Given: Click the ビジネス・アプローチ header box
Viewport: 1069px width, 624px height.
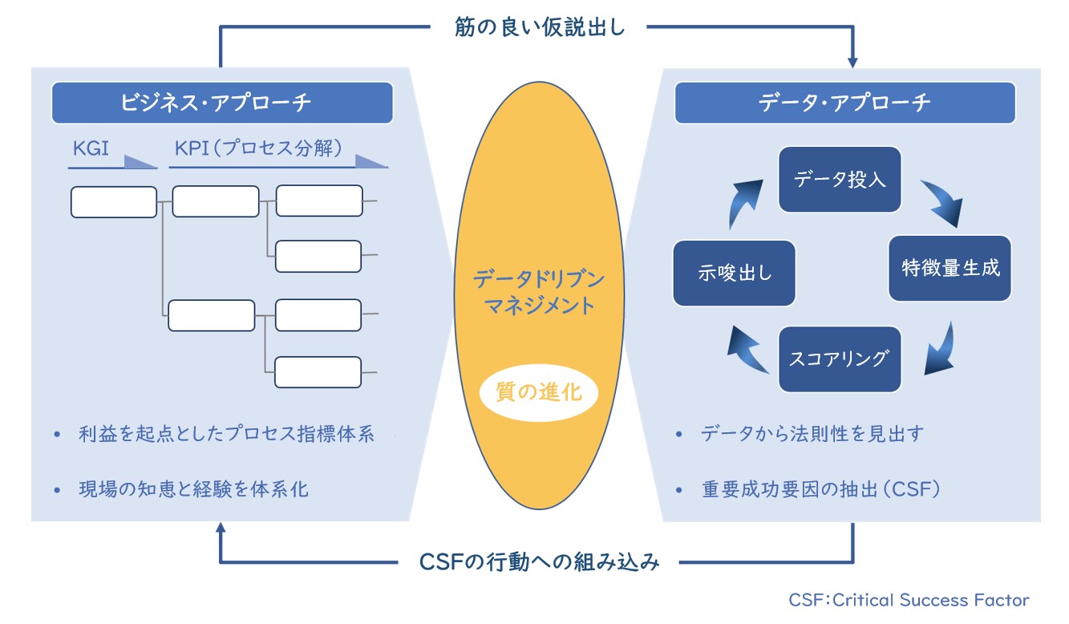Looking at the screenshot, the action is pos(222,103).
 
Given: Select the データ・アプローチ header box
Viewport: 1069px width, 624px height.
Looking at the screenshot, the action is pos(845,103).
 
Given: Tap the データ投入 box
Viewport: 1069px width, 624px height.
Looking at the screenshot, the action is pos(840,180).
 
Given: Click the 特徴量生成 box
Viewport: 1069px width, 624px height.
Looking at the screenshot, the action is pos(950,268).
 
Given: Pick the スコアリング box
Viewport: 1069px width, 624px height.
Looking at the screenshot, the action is pos(840,359).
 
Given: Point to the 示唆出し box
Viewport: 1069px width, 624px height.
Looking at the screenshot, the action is pos(734,273).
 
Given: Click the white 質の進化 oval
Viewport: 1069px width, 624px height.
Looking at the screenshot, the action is pos(539,393).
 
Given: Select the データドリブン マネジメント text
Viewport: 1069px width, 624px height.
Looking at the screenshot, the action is pos(539,292).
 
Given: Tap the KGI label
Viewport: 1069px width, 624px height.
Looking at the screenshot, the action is pos(91,148).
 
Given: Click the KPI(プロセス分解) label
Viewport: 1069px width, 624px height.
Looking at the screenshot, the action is pos(258,148).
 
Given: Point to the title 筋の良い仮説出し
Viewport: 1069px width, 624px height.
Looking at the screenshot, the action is pos(540,26).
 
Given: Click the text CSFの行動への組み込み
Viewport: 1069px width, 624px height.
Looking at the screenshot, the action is pos(539,562).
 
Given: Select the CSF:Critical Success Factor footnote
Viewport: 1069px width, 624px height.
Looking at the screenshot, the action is pos(909,600).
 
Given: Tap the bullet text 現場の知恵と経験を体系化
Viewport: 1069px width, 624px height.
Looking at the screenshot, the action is pos(193,489).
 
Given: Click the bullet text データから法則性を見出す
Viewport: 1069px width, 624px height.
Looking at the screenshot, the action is pos(812,434).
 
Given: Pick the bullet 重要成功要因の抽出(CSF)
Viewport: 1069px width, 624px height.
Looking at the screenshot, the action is pos(821,489).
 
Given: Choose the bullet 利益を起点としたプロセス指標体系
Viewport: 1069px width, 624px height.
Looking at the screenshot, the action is pos(227,434).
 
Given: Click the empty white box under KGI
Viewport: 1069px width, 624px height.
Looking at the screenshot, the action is pos(114,202).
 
